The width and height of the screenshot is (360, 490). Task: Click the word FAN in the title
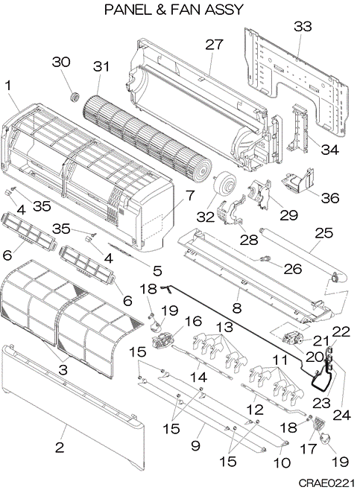[x=186, y=10]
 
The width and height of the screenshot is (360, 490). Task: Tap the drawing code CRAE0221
[x=326, y=483]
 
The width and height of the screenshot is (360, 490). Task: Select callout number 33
[x=303, y=27]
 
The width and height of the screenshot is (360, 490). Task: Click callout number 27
[x=214, y=45]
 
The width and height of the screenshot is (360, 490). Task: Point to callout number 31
[x=101, y=66]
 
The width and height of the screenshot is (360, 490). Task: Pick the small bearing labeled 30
[x=75, y=97]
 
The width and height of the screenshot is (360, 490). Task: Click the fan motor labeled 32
[x=224, y=185]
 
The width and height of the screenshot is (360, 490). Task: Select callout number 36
[x=330, y=198]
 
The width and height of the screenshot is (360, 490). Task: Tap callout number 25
[x=324, y=233]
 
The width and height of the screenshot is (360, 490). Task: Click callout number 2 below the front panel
[x=60, y=448]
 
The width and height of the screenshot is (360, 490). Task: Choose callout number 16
[x=193, y=321]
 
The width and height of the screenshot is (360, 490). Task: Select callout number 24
[x=341, y=415]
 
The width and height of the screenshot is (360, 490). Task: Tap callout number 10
[x=282, y=462]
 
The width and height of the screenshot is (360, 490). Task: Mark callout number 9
[x=195, y=445]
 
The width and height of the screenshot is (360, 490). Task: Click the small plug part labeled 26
[x=265, y=258]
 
